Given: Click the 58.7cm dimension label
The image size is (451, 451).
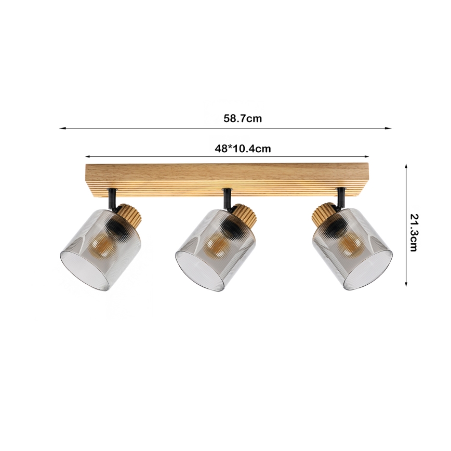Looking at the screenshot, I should [243, 118].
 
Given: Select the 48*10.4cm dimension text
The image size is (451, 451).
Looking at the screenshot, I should [243, 149].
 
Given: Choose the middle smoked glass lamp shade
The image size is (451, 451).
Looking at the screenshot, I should [216, 249].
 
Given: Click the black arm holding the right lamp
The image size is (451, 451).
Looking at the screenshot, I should [340, 197].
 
